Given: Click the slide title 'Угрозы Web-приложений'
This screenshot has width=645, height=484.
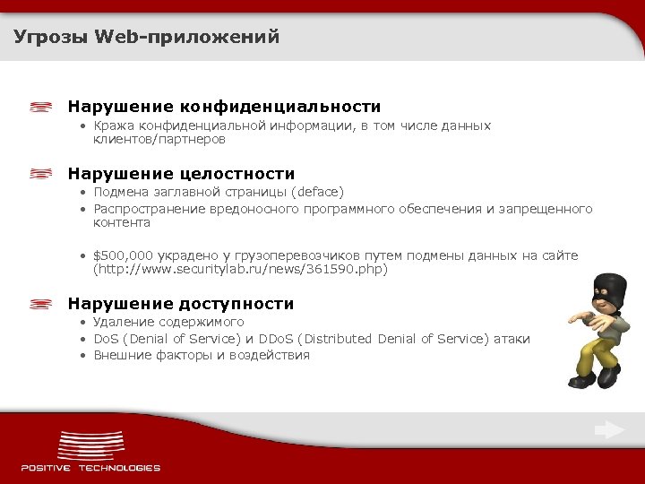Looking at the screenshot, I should point(147,37).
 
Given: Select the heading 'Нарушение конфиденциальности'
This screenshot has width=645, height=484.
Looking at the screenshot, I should point(224,107).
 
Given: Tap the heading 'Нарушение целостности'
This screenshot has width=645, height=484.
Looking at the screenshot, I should point(181,173).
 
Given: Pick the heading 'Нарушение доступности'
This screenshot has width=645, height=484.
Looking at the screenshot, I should point(181,304).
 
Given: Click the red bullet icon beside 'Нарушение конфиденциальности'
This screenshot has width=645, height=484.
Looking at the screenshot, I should point(40,107).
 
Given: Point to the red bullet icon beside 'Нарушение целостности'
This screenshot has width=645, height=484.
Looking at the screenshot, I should point(40,173).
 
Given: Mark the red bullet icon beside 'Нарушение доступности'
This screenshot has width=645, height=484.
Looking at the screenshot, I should point(40,304).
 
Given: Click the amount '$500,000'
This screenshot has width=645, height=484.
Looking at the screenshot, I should point(122,255).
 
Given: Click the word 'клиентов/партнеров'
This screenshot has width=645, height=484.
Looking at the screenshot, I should point(159,140).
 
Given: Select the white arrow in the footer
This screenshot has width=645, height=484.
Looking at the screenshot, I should point(610,430).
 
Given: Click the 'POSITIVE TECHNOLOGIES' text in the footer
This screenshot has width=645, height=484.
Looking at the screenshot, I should point(90,468).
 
